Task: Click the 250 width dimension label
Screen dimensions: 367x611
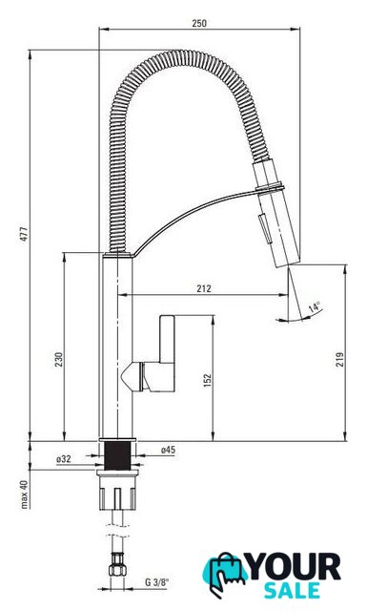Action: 199,23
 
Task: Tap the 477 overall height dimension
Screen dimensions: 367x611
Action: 24,234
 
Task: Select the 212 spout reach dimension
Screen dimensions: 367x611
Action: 204,288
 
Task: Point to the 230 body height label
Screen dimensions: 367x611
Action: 59,359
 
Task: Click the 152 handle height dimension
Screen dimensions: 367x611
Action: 208,380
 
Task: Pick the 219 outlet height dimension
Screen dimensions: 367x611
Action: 339,359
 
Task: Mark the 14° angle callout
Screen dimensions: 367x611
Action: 315,307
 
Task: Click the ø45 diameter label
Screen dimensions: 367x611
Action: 168,450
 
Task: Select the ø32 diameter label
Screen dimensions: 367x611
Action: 64,459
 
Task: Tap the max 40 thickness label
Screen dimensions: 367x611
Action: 24,495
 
